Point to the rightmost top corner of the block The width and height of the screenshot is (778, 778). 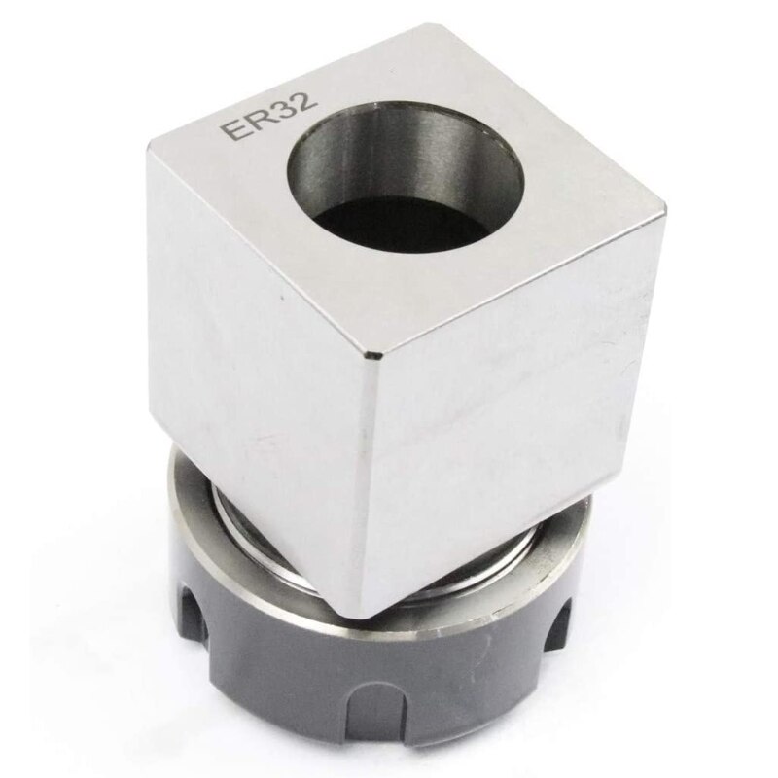tap(664, 209)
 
